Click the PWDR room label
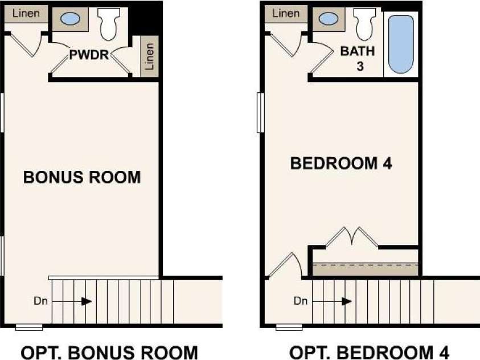pos(89,55)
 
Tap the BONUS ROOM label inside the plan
pos(82,177)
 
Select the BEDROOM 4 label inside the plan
pos(341,163)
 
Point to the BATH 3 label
pos(358,58)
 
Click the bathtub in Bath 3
pos(401,44)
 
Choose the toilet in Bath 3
pos(364,24)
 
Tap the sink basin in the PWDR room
pos(71,19)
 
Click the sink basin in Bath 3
pos(329,19)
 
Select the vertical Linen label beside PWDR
pos(149,56)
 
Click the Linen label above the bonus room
pos(26,14)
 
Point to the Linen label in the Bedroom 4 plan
pos(286,14)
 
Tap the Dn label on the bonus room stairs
pos(41,301)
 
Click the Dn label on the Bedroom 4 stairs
pos(300,301)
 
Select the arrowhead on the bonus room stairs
pos(87,301)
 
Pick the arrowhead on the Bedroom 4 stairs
pos(347,301)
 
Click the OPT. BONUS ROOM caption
pos(109,352)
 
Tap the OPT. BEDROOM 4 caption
pos(369,352)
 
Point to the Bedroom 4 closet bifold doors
pos(352,237)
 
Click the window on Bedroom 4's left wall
pos(261,113)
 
